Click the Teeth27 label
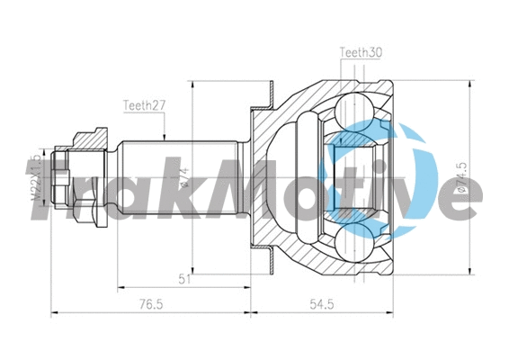(x=144, y=105)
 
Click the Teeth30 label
(x=361, y=52)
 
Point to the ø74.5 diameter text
(x=461, y=176)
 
